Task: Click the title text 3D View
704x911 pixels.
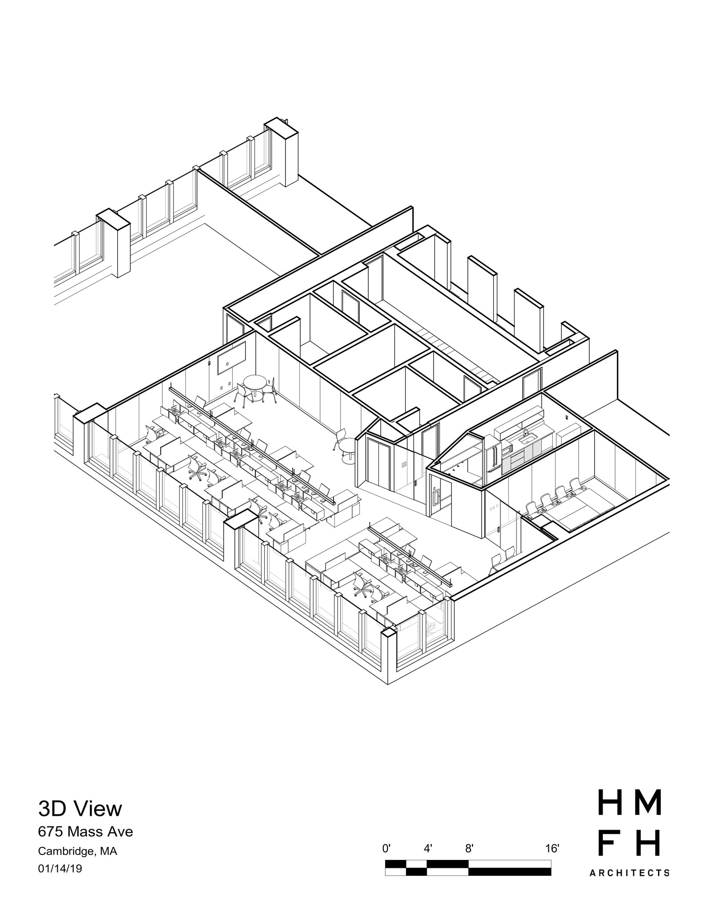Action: (x=80, y=809)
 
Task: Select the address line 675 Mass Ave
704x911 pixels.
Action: (x=85, y=831)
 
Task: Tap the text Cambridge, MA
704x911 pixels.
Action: (x=77, y=851)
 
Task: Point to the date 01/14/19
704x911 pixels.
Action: (x=60, y=868)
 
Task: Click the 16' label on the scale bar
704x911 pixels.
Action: (x=552, y=849)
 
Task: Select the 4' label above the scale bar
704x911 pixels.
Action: (x=427, y=849)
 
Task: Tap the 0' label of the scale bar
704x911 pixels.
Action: (x=386, y=849)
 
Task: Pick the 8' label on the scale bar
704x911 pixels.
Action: (x=469, y=849)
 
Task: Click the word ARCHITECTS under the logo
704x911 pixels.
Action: (x=629, y=873)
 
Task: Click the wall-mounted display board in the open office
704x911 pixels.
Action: (x=232, y=358)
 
